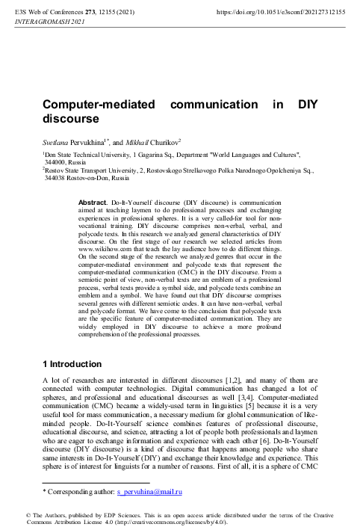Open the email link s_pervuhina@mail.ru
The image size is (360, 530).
[x=152, y=493]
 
